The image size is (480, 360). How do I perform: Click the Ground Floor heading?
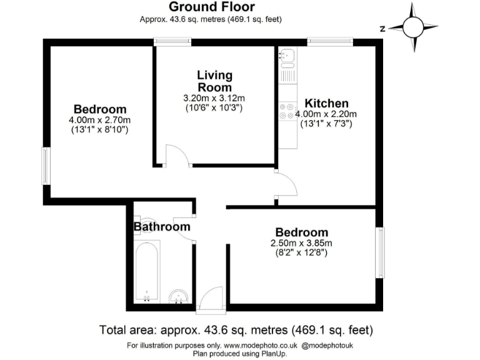click(212, 7)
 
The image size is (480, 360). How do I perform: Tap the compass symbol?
click(413, 27)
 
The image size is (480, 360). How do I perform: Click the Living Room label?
click(214, 81)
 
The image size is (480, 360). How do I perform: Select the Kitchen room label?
click(326, 103)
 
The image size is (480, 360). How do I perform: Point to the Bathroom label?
click(161, 227)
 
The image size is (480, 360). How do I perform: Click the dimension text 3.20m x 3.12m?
click(214, 98)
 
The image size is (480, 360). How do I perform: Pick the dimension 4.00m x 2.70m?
click(100, 120)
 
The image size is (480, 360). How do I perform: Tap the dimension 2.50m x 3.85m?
click(301, 243)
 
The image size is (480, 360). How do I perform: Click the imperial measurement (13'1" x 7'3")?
click(326, 124)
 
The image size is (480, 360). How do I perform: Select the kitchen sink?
click(287, 58)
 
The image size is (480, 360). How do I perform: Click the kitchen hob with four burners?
click(287, 111)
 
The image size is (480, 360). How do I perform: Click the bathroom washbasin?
click(179, 296)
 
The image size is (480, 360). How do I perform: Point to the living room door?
click(177, 156)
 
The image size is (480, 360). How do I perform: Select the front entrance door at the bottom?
click(209, 299)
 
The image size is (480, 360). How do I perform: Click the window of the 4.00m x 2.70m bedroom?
click(46, 166)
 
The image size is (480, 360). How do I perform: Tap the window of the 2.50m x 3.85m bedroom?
click(379, 252)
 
